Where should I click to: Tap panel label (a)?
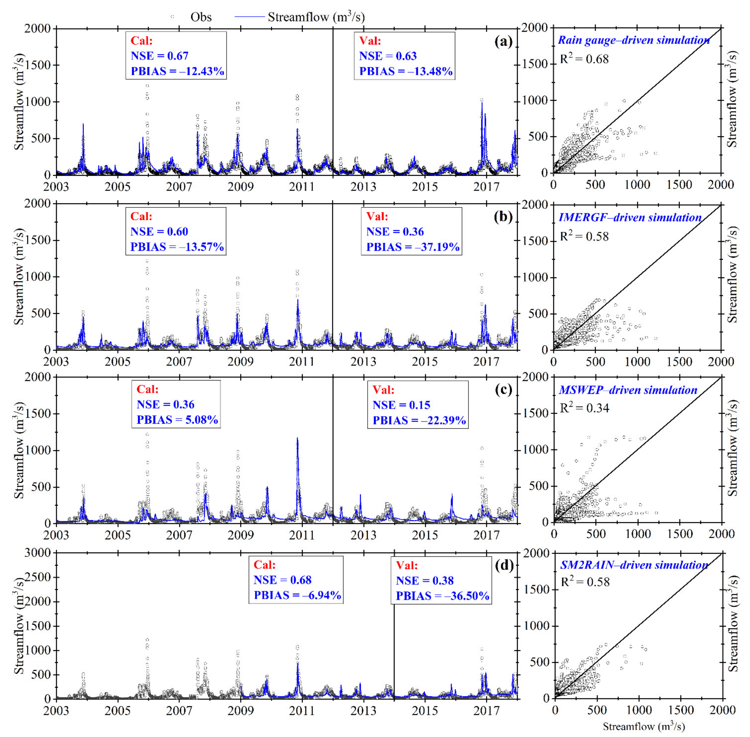pyautogui.click(x=503, y=41)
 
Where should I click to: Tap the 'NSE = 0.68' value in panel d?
pyautogui.click(x=283, y=580)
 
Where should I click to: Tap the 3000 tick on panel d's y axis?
pyautogui.click(x=38, y=553)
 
